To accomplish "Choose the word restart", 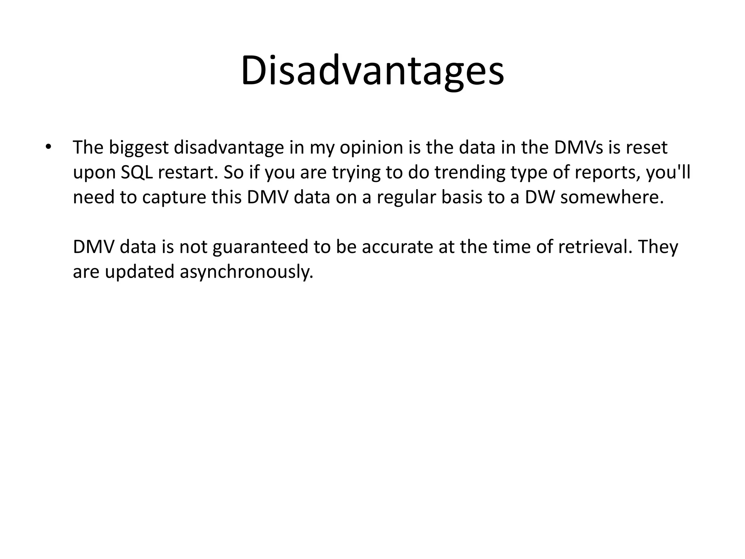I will [x=188, y=173].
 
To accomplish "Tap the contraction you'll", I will [x=668, y=173].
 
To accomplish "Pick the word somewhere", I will [x=611, y=197].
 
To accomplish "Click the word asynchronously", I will [x=246, y=272].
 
